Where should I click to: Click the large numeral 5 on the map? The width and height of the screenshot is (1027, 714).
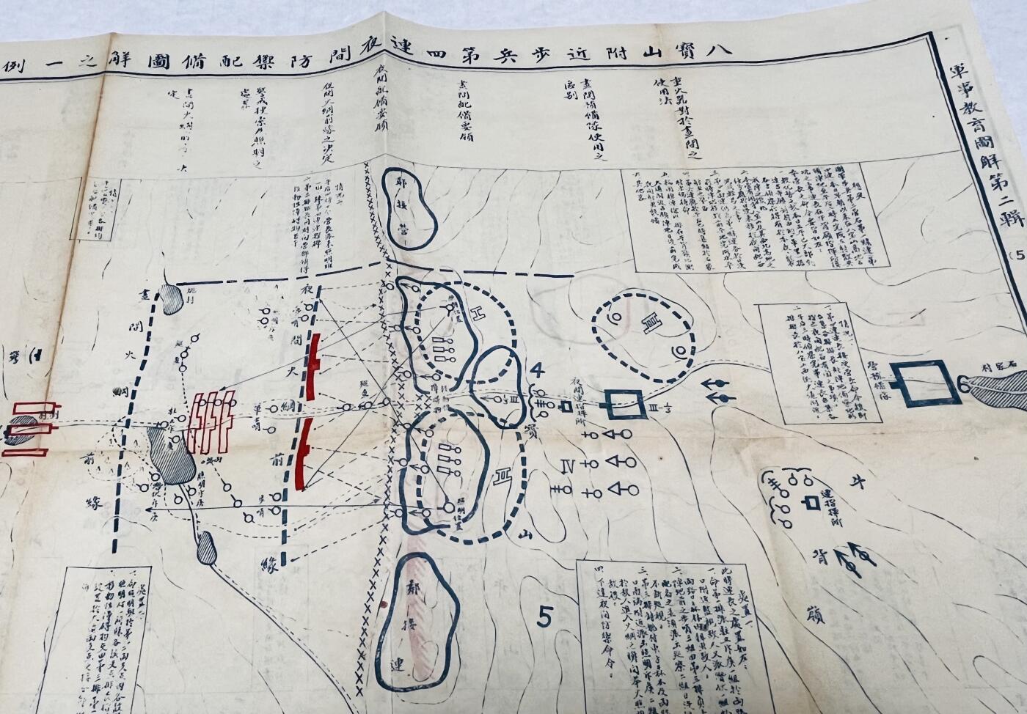tap(544, 617)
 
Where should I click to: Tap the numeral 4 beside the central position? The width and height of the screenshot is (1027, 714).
tap(537, 369)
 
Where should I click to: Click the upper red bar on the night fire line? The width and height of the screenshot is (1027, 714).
tap(315, 366)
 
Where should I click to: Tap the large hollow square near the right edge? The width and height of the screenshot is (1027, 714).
tap(924, 383)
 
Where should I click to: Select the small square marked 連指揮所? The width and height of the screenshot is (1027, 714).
tap(811, 504)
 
